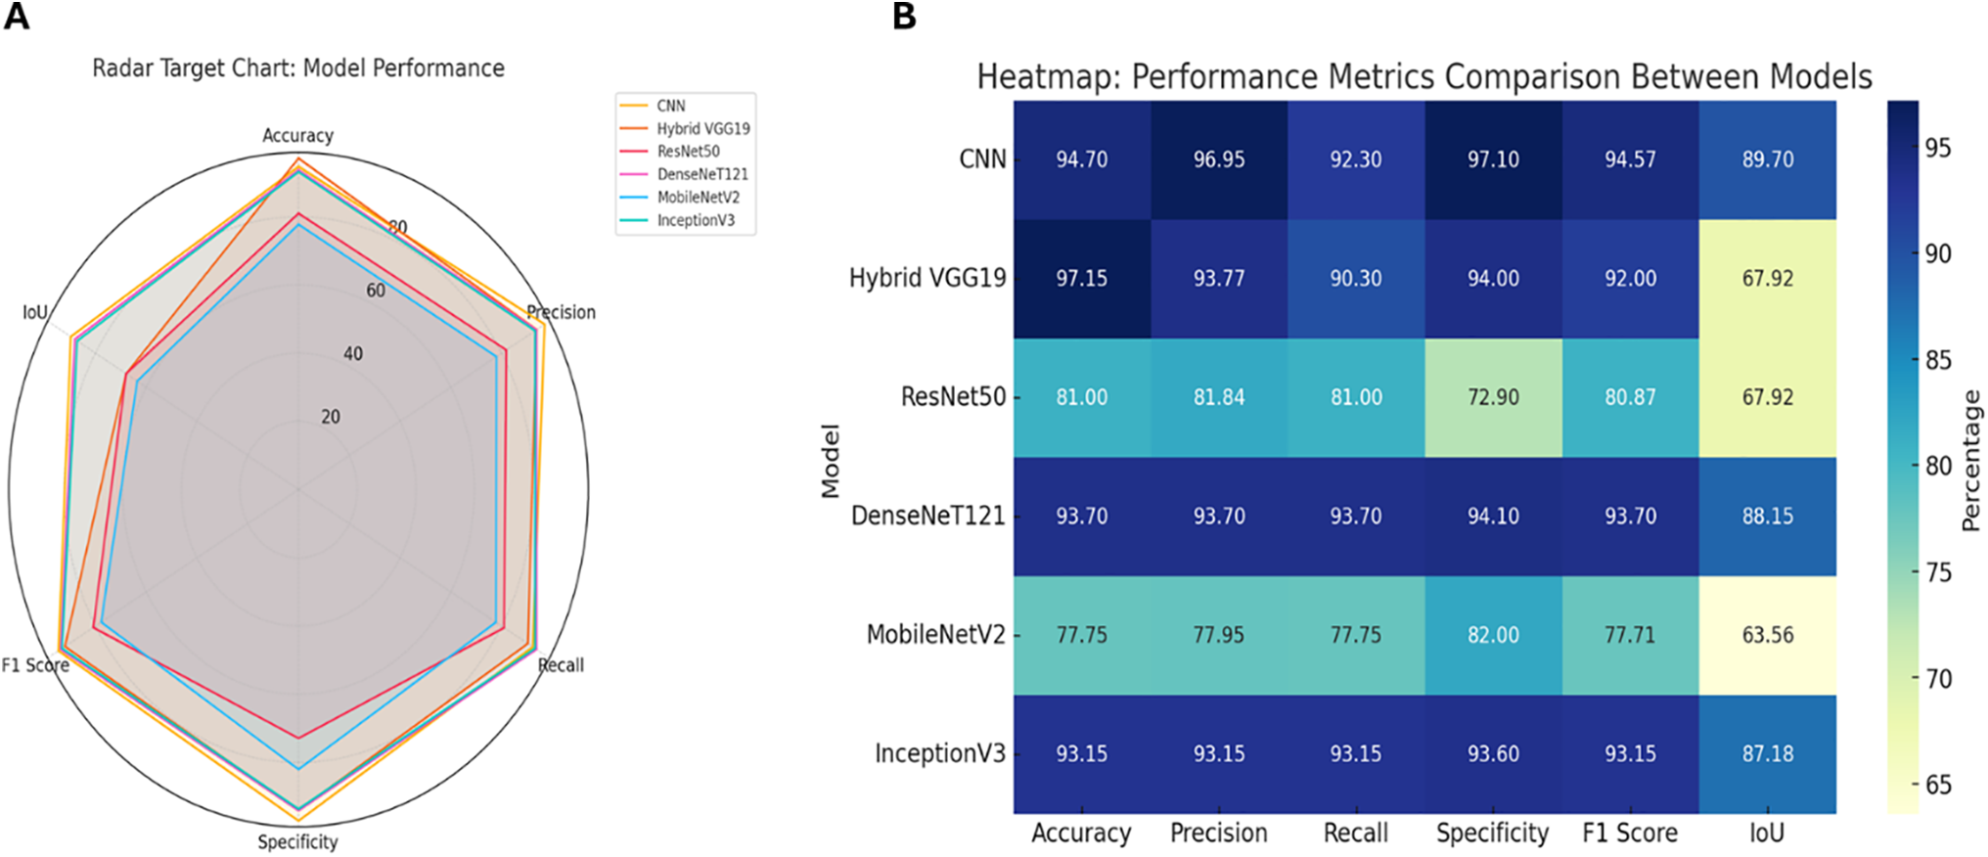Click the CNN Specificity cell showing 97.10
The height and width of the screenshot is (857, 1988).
click(1493, 159)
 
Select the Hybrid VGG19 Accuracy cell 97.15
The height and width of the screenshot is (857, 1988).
click(1081, 279)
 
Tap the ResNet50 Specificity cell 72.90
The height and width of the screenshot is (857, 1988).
click(1493, 397)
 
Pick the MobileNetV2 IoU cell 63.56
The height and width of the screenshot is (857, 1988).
click(1767, 635)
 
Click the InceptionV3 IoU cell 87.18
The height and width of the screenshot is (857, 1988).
click(1767, 753)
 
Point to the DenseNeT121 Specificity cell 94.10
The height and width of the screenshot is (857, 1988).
click(1493, 516)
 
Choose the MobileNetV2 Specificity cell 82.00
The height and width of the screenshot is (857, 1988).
click(1493, 635)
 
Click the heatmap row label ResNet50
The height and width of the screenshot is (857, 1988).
click(953, 397)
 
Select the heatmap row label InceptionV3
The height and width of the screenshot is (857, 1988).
click(939, 753)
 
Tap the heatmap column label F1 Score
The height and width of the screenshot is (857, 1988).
click(1630, 834)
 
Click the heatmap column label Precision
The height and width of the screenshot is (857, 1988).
click(1218, 834)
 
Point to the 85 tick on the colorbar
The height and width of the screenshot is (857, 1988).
click(1938, 360)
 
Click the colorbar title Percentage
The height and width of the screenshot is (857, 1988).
click(1970, 460)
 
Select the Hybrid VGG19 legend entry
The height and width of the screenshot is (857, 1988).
click(702, 128)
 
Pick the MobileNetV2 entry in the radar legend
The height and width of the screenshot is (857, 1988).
click(698, 197)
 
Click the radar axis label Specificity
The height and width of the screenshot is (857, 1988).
click(297, 842)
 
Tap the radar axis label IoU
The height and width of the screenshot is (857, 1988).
click(35, 312)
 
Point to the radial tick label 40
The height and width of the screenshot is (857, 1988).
click(352, 354)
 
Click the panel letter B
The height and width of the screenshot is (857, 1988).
click(904, 17)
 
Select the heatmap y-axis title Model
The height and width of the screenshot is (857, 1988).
click(831, 460)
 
